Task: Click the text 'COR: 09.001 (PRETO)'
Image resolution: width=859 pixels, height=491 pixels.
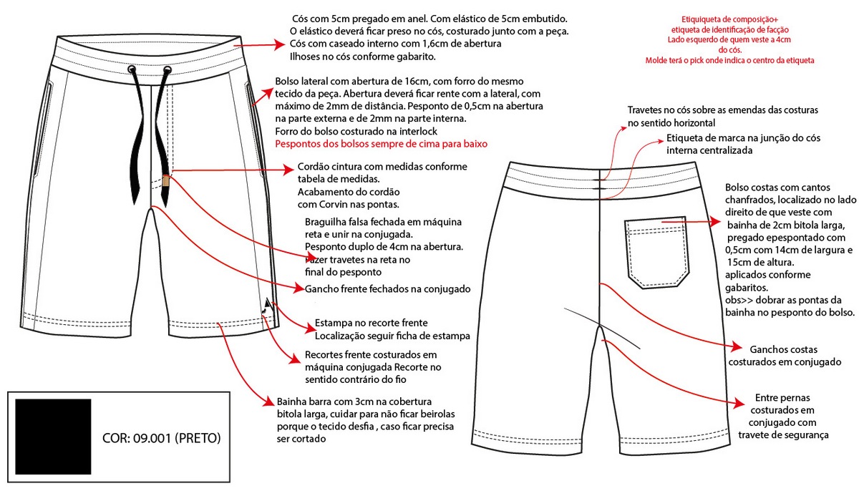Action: (x=162, y=437)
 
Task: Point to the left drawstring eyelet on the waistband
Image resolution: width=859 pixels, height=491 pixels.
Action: (x=132, y=70)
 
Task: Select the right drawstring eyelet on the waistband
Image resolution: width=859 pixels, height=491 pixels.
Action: (x=167, y=70)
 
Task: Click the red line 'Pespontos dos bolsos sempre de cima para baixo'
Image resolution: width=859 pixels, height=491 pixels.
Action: (x=381, y=144)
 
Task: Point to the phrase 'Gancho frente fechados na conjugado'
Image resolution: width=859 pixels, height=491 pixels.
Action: (x=387, y=289)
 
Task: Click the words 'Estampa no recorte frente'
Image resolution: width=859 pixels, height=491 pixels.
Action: (x=370, y=323)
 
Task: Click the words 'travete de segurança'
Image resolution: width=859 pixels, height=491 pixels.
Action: (x=784, y=434)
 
